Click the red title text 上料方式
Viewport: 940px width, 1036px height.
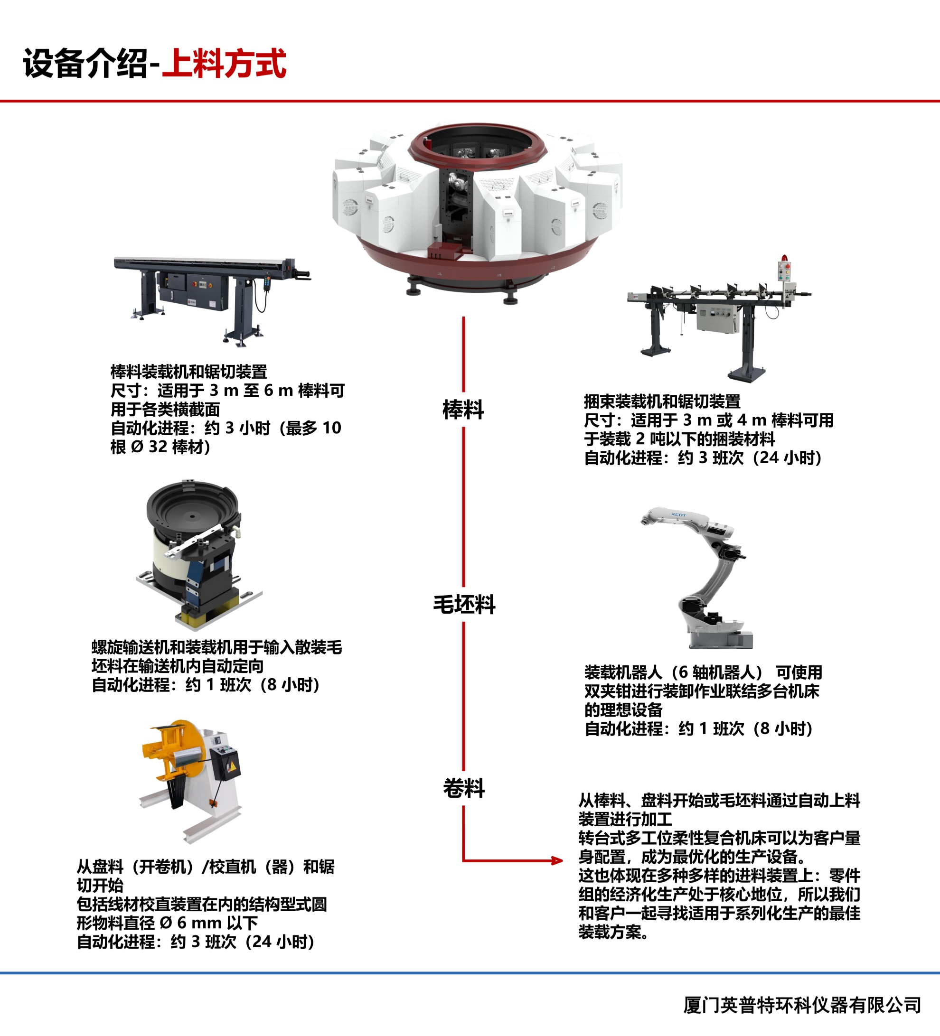(225, 64)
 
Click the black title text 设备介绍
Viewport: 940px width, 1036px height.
(85, 64)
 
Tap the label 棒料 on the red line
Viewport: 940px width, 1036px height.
(463, 410)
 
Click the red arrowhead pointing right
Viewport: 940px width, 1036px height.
(556, 860)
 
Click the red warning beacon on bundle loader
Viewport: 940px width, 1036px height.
(784, 258)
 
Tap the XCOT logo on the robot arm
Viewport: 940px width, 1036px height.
(678, 514)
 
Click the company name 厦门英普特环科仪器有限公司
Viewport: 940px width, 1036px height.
(802, 1005)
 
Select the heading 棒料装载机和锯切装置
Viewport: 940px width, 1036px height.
(188, 372)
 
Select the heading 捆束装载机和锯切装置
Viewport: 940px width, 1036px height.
(662, 401)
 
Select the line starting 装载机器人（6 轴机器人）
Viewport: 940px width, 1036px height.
(703, 672)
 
